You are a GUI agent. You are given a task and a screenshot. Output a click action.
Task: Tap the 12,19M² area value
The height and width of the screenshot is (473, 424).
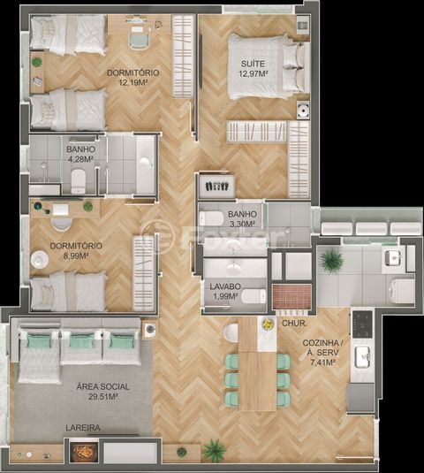[x=132, y=82]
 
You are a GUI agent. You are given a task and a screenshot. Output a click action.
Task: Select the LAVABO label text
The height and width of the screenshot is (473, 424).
[x=225, y=286]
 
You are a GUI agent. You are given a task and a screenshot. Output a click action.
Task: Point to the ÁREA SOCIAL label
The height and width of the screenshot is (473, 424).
[x=103, y=386]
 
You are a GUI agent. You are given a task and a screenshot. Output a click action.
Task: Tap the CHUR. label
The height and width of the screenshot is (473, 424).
[x=294, y=324]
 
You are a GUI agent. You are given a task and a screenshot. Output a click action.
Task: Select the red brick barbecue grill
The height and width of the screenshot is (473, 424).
[x=291, y=296]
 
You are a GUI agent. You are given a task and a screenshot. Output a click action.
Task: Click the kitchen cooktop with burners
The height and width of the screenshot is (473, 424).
[x=362, y=324]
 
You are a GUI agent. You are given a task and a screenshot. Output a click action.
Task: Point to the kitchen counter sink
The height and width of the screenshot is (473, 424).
[x=362, y=357]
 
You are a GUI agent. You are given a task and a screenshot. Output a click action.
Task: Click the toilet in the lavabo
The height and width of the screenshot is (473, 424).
[x=254, y=296]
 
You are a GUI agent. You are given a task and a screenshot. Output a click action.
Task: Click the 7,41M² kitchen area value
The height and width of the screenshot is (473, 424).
[x=322, y=362]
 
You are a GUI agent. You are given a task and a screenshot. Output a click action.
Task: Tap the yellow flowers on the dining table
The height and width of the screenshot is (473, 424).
[x=267, y=324]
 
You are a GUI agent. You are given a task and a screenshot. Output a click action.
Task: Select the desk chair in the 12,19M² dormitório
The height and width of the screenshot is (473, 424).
[x=138, y=42]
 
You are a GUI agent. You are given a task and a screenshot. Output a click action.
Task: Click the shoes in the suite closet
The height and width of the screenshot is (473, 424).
[x=216, y=187]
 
